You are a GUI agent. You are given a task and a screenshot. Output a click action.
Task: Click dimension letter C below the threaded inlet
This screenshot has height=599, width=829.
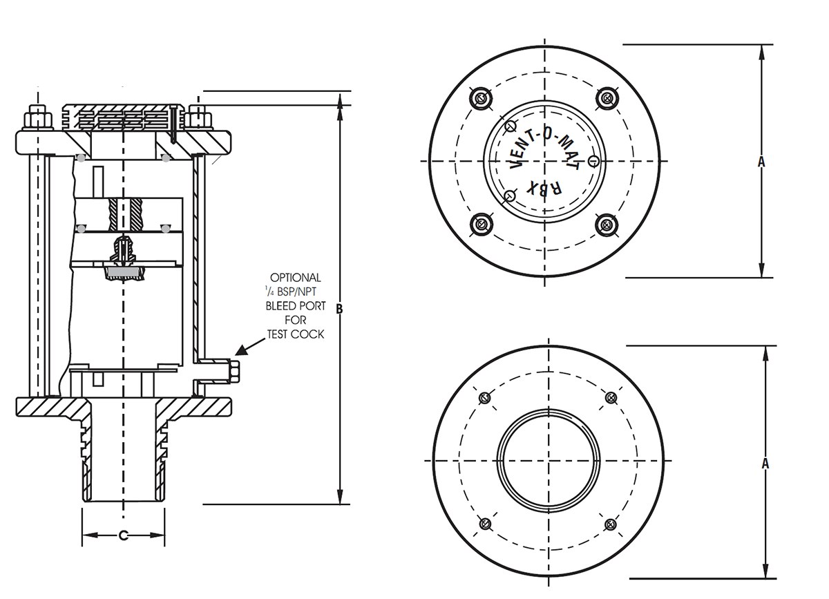(x=124, y=535)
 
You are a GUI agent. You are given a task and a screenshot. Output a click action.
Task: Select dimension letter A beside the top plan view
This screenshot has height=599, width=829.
(x=761, y=161)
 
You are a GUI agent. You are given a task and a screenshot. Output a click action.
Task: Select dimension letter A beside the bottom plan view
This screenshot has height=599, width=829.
(x=765, y=464)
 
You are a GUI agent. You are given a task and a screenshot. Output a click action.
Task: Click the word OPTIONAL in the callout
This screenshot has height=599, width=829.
(x=296, y=277)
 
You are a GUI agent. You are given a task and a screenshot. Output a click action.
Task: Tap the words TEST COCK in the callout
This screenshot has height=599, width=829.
(x=296, y=334)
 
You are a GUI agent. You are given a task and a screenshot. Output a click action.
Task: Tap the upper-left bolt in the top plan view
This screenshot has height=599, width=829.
(x=481, y=98)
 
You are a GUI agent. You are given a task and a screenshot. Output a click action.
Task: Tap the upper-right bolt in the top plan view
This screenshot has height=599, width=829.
(x=606, y=97)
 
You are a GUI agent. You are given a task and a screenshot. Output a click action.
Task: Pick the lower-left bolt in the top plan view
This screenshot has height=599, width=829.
(x=481, y=224)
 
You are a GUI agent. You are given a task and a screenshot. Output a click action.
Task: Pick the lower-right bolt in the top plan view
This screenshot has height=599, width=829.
(x=606, y=224)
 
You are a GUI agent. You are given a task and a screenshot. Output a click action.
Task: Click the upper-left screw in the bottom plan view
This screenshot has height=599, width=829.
(x=484, y=398)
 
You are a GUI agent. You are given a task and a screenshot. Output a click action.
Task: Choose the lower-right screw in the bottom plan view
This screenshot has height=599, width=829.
(x=610, y=524)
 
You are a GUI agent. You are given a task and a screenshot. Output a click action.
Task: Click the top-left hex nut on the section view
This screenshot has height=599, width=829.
(x=37, y=117)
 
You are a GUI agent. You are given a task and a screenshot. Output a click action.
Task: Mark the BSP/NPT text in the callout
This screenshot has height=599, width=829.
(x=300, y=292)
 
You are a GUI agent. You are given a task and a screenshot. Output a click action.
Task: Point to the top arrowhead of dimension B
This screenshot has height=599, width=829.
(x=340, y=101)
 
